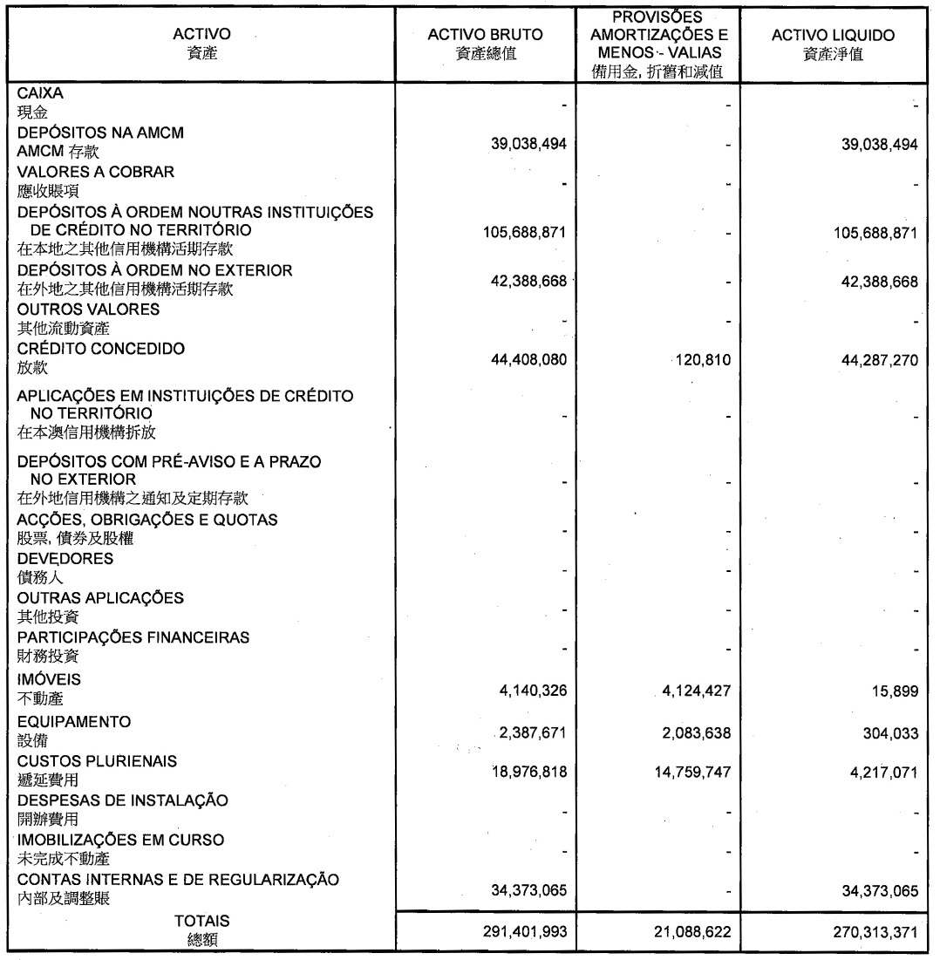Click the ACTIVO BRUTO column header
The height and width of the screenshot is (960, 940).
pos(486,35)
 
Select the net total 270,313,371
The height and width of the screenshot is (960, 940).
pos(868,931)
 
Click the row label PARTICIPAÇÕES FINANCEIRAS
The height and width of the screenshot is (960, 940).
pos(133,637)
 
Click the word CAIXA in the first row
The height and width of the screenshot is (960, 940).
pos(39,92)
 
